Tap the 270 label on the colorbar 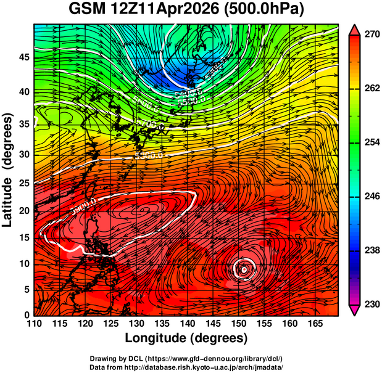click(x=371, y=35)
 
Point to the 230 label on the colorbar click(x=371, y=304)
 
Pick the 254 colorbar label click(x=371, y=142)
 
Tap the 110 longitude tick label click(x=34, y=324)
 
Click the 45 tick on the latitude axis click(x=23, y=57)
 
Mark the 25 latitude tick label click(x=23, y=184)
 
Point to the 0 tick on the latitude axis click(x=27, y=315)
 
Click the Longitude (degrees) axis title click(x=186, y=338)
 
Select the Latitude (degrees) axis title click(x=9, y=170)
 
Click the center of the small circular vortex click(x=244, y=269)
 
